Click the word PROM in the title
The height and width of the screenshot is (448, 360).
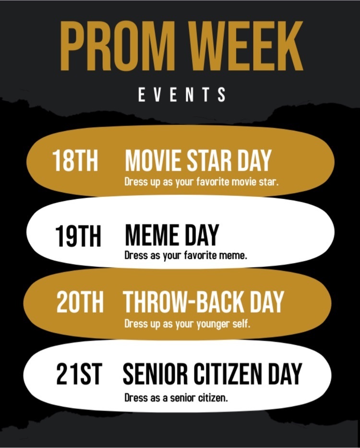(118, 46)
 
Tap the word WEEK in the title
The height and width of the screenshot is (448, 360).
(247, 46)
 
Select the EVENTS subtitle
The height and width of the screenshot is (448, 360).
(182, 95)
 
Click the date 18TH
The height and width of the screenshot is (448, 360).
(75, 160)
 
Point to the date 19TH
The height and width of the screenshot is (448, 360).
(78, 236)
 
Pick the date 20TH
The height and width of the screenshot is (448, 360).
(80, 302)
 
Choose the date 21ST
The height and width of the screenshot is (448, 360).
(79, 374)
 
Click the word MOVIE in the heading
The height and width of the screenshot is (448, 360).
(153, 160)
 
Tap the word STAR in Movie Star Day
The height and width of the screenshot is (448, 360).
(209, 160)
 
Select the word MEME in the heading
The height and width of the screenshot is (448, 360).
(152, 235)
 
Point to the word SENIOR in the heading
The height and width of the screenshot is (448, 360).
(155, 374)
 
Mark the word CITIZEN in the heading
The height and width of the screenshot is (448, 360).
(228, 374)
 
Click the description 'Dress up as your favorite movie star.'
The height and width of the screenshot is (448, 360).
(202, 182)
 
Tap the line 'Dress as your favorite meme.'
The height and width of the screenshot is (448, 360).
(186, 255)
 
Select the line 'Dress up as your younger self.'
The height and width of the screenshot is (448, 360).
(187, 324)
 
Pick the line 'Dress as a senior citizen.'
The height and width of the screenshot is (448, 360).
(176, 398)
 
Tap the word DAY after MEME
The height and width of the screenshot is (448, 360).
(202, 235)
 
